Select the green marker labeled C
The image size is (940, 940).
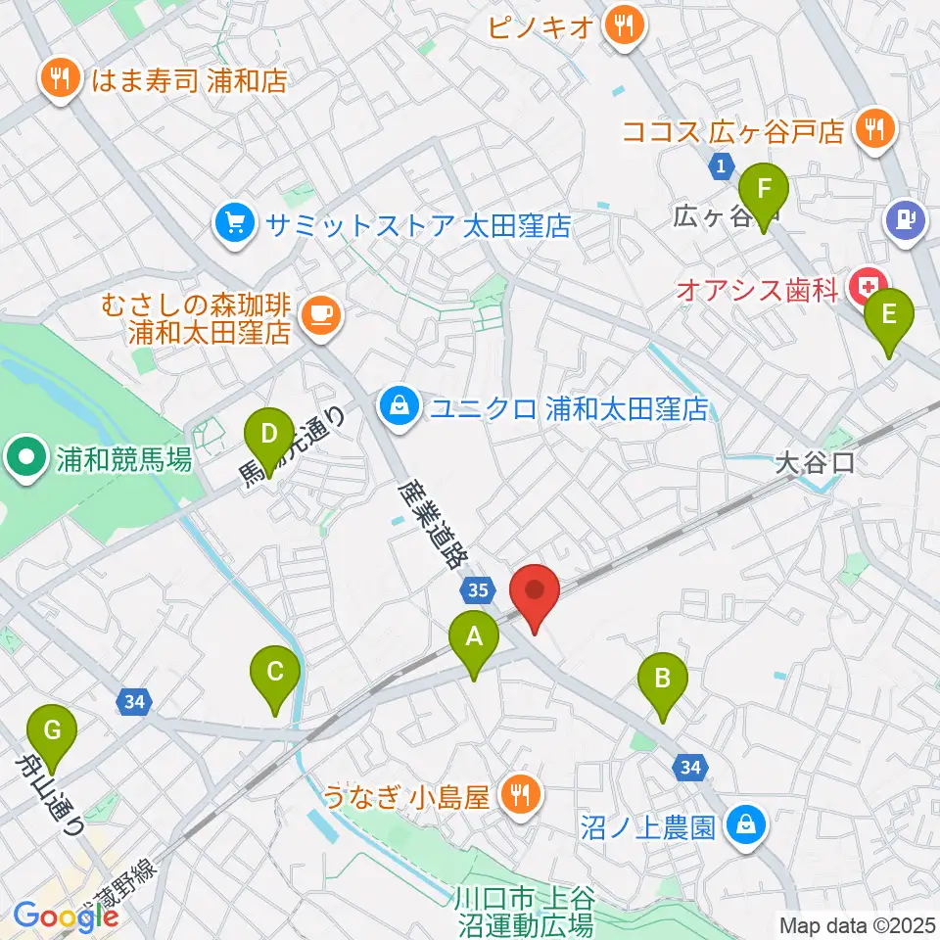pyautogui.click(x=275, y=676)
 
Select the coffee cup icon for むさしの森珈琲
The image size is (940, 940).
pyautogui.click(x=321, y=314)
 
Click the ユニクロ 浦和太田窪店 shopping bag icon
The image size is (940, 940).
pyautogui.click(x=399, y=407)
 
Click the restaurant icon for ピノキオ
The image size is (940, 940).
pyautogui.click(x=623, y=23)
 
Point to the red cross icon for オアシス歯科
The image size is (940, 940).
pyautogui.click(x=867, y=288)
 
